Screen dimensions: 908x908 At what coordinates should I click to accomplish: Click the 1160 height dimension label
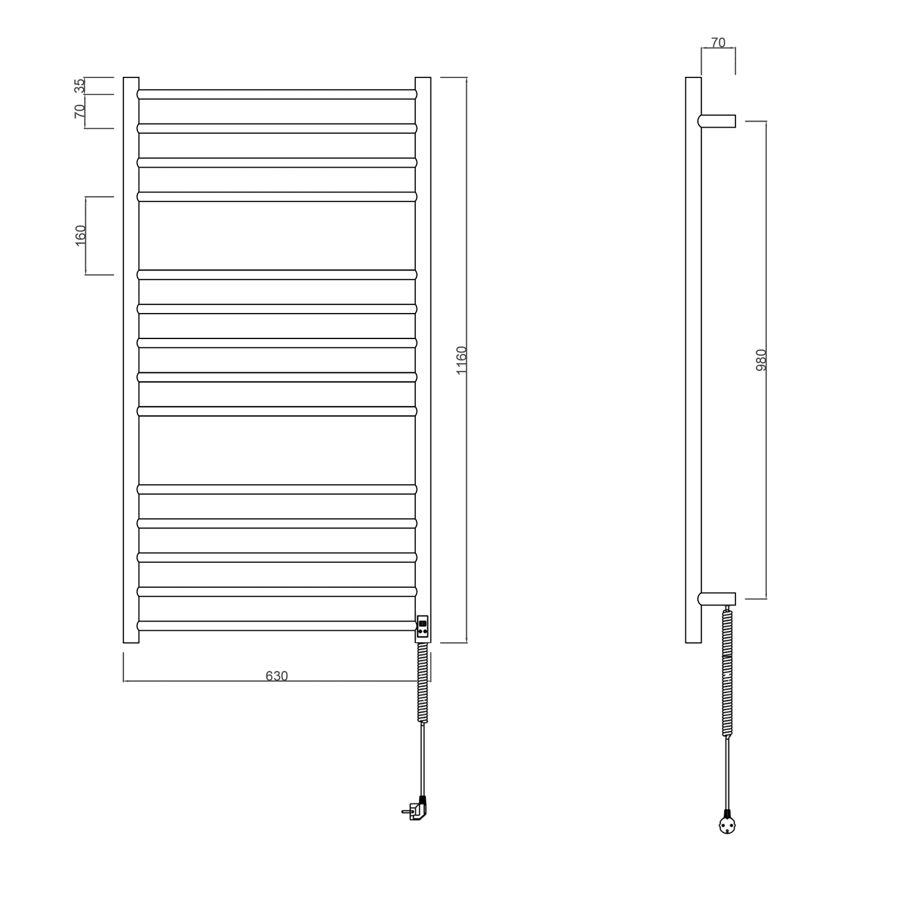(461, 360)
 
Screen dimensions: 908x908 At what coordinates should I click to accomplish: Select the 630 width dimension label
(277, 676)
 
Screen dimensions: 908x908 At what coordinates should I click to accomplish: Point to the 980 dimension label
(762, 360)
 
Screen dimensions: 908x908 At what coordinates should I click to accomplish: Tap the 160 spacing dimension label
(81, 235)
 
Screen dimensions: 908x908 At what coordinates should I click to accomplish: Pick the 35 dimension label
(80, 86)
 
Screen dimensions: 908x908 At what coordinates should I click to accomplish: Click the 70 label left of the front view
(80, 111)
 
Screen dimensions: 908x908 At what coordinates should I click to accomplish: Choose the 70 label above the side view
(718, 43)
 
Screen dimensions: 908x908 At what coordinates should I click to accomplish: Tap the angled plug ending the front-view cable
(417, 810)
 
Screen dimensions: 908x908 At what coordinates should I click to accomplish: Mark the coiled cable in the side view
(728, 672)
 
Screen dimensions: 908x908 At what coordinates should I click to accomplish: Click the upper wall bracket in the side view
(717, 121)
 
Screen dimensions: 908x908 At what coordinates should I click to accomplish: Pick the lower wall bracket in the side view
(717, 599)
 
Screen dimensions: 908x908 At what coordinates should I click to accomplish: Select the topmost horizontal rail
(277, 94)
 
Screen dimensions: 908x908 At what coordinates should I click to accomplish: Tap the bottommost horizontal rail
(277, 625)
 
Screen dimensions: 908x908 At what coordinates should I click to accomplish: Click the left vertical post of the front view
(131, 360)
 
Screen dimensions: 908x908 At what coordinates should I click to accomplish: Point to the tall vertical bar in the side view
(693, 360)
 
